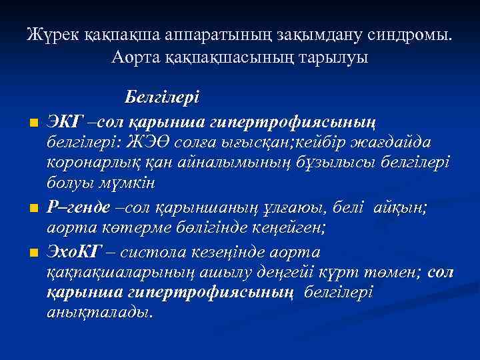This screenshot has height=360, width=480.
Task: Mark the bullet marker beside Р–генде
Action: click(x=31, y=209)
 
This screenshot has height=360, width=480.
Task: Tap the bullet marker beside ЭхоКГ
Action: click(x=31, y=255)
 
